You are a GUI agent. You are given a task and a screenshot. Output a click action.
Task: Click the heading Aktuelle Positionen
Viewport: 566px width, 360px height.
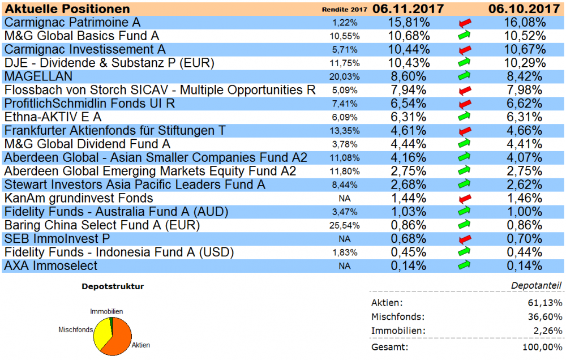click(x=67, y=9)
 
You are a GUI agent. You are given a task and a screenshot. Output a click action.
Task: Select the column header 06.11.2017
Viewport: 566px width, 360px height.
click(x=408, y=9)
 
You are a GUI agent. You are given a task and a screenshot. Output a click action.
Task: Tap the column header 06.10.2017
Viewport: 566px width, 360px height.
click(x=524, y=9)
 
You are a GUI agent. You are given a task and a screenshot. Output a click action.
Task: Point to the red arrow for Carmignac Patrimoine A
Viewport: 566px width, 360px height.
click(x=465, y=23)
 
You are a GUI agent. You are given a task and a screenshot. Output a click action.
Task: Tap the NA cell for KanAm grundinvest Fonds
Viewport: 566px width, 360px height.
click(x=344, y=199)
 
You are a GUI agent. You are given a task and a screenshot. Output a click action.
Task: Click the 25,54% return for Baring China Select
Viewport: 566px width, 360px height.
click(x=344, y=226)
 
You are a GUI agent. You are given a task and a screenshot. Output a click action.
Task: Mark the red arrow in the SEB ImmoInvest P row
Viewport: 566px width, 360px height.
click(x=465, y=239)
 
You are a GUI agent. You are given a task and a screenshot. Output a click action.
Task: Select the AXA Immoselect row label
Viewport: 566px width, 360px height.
click(x=51, y=266)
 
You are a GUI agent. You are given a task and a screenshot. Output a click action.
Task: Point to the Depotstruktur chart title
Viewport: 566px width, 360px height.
click(x=113, y=286)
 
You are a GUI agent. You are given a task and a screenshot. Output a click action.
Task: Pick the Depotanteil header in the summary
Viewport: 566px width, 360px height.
click(x=543, y=286)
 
